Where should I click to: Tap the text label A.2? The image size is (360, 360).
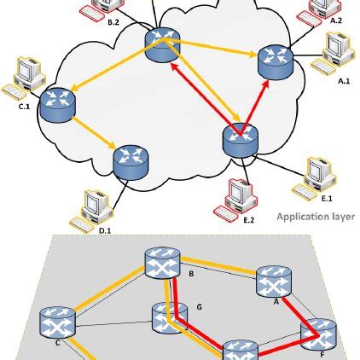click(334, 20)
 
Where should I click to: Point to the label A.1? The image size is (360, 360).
click(345, 80)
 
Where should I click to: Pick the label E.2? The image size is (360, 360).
click(250, 220)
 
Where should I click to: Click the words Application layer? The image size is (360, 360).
click(315, 218)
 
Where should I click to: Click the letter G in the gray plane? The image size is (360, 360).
click(198, 305)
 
